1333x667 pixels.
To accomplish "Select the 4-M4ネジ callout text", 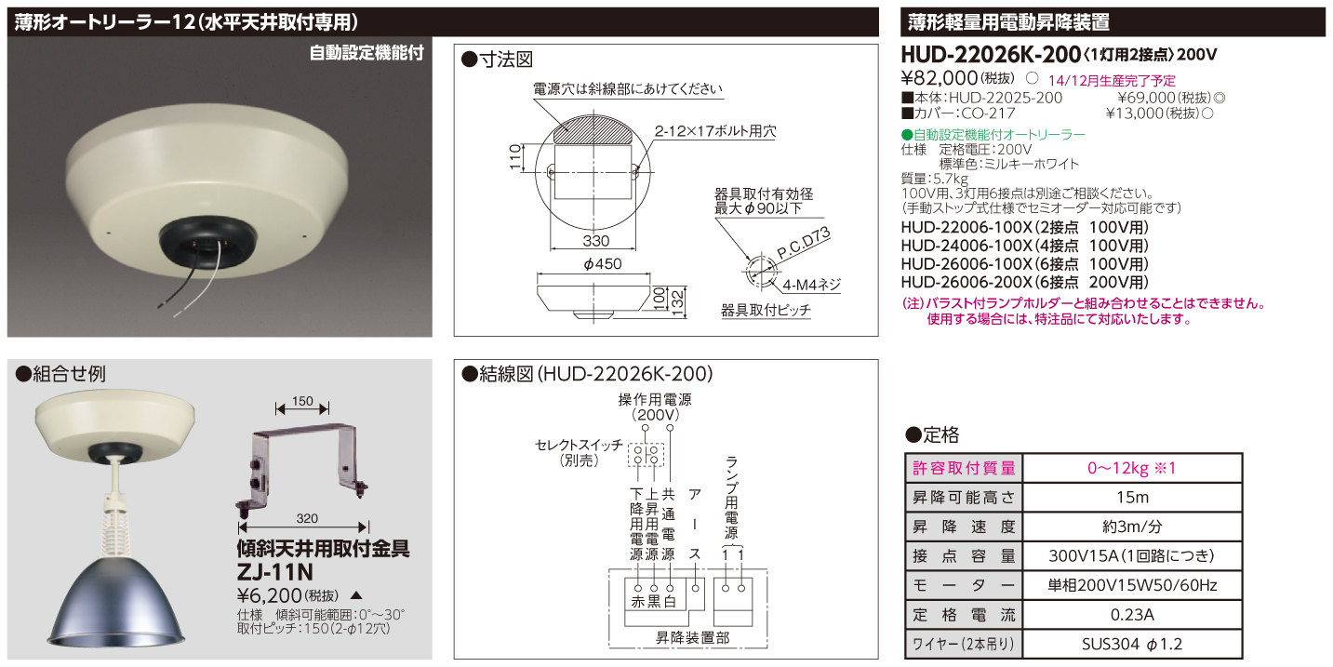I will [811, 287].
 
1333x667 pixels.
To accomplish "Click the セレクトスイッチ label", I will [578, 445].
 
